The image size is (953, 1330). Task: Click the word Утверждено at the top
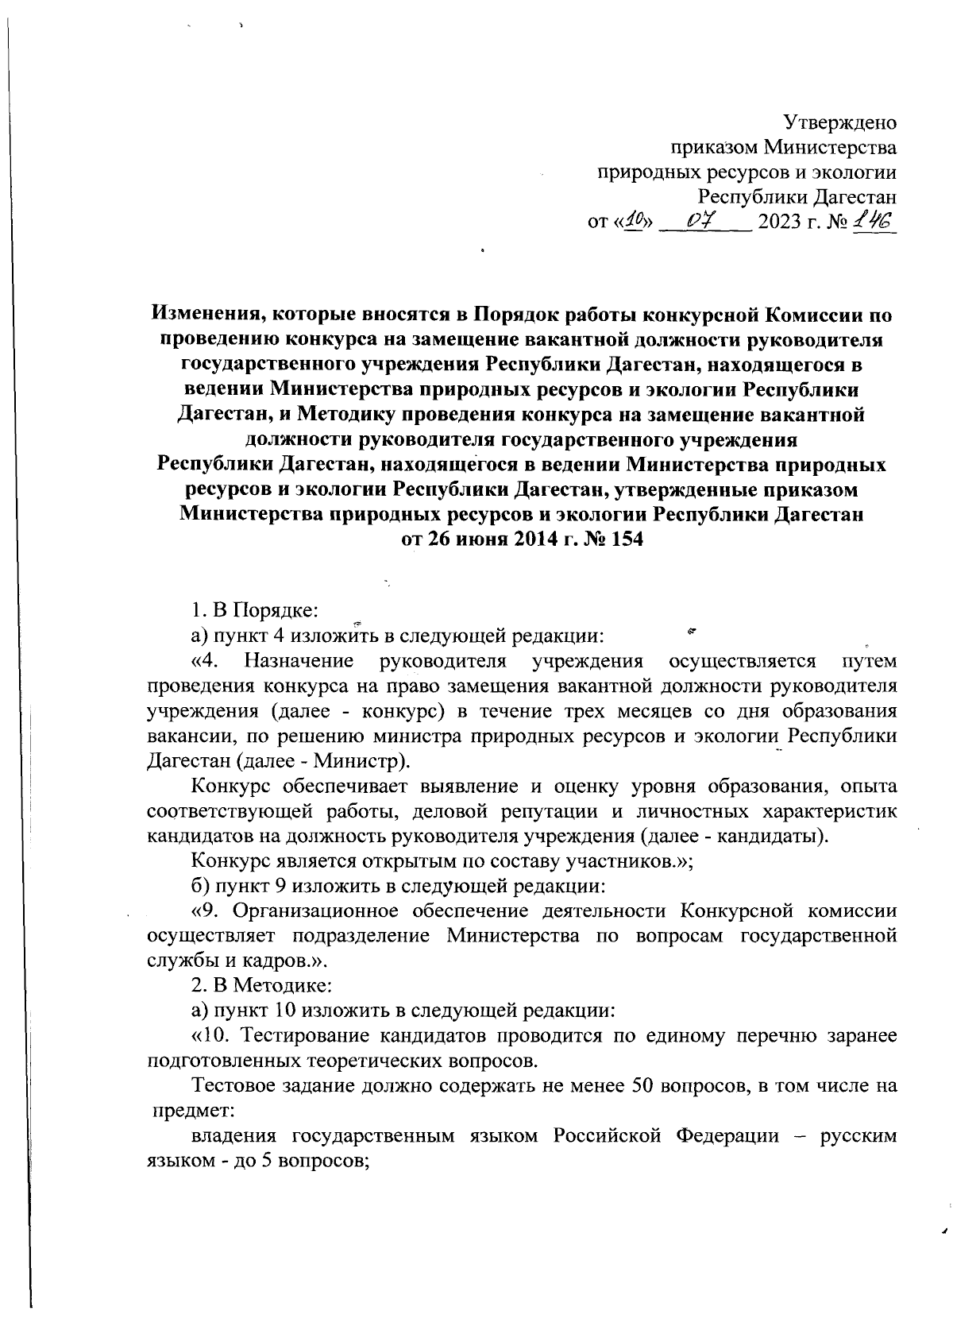(840, 123)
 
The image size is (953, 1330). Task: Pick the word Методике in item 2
(268, 985)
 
